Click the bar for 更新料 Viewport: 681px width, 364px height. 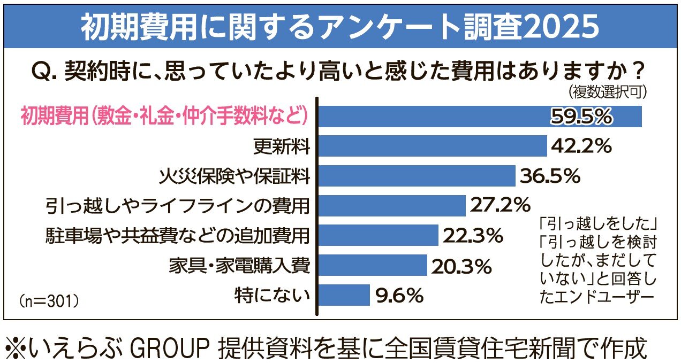click(x=433, y=146)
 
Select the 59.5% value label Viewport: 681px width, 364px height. click(x=581, y=117)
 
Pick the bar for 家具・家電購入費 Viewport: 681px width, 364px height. click(x=373, y=265)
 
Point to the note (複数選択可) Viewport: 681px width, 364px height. click(x=608, y=92)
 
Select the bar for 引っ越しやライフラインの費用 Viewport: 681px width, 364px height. click(x=392, y=206)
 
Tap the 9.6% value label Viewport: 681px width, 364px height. click(x=399, y=295)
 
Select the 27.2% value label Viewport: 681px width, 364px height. click(x=500, y=206)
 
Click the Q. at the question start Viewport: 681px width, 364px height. click(x=46, y=71)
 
